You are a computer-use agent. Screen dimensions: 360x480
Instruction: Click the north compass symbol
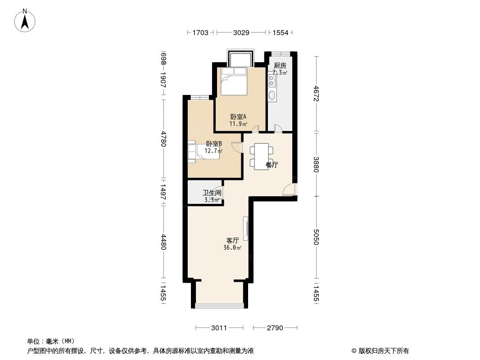pos(25,20)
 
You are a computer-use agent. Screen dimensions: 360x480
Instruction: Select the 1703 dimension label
pos(200,32)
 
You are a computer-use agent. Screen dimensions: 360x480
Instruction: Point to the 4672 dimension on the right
pos(317,94)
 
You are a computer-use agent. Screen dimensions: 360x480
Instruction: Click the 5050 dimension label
pos(317,237)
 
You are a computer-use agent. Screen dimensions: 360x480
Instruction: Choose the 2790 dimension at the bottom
pos(275,328)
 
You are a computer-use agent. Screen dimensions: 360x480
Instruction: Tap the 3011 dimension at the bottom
pos(219,328)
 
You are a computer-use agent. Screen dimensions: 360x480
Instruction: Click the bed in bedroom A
pos(234,81)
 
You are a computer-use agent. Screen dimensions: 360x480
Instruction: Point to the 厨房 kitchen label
pos(280,66)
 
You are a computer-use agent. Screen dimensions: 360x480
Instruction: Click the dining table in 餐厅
pos(261,156)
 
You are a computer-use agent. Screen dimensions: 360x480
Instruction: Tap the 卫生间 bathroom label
pos(212,193)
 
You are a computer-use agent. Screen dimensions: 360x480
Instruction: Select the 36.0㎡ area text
pos(232,247)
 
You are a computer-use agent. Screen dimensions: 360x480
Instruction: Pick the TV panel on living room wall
pos(246,229)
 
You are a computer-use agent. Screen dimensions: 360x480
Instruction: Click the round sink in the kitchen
pos(272,96)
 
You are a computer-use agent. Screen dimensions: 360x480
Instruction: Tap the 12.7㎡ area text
pos(213,151)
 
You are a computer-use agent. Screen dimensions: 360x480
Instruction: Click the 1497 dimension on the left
pos(163,193)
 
